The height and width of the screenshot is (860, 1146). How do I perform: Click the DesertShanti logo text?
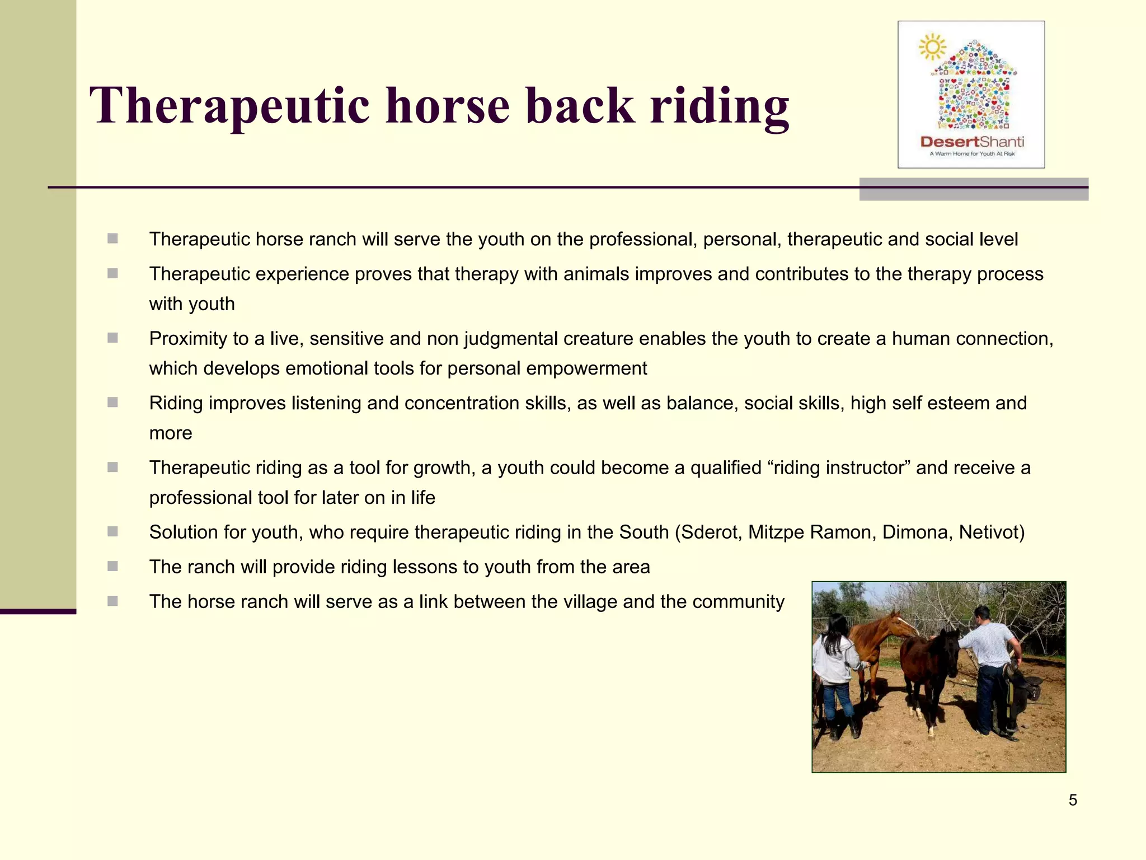[972, 142]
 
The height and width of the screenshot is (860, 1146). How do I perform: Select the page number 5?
[1073, 800]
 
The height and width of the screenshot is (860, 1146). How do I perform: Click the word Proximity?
[188, 339]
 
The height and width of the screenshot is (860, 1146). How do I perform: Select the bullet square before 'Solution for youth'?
[113, 531]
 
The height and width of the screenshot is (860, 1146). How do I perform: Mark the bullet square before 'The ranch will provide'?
[113, 566]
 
